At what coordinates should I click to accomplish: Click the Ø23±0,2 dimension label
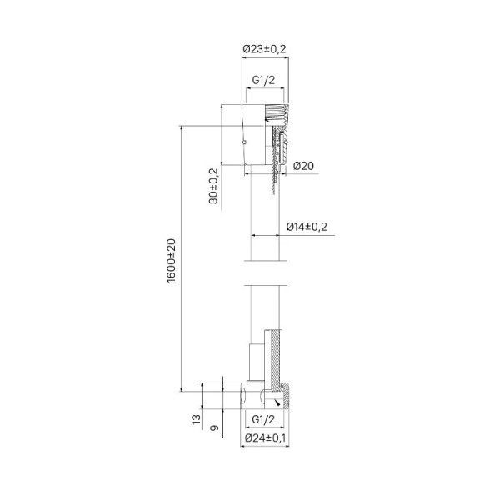tap(264, 49)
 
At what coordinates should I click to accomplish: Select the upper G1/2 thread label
tap(263, 80)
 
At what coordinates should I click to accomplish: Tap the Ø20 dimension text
tap(303, 166)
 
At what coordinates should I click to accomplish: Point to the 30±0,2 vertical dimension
tap(213, 186)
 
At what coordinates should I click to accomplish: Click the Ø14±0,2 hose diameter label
tap(307, 227)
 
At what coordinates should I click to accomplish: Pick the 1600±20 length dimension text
tap(171, 260)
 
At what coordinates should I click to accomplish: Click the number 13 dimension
tap(197, 419)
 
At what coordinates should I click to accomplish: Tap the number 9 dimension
tap(215, 427)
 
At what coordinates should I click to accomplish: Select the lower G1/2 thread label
tap(263, 419)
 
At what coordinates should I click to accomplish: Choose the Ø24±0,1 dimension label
tap(265, 438)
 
